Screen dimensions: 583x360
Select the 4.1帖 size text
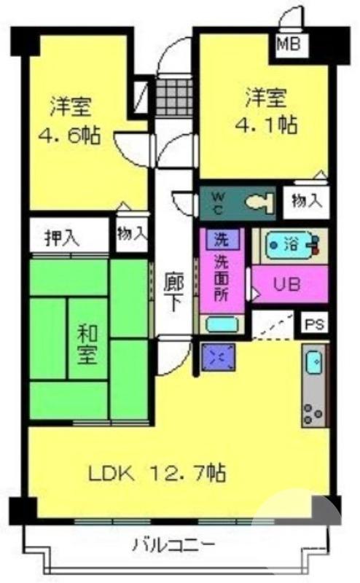pos(266,125)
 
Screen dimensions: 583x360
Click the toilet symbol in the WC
pos(258,203)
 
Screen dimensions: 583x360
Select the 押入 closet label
pos(61,238)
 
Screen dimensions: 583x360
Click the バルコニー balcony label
pos(173,544)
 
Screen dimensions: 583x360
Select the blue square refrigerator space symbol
pos(218,358)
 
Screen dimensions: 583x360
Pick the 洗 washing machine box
pos(219,239)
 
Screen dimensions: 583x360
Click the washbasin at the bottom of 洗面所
pos(220,324)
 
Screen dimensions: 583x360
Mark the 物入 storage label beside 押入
pos(131,234)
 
